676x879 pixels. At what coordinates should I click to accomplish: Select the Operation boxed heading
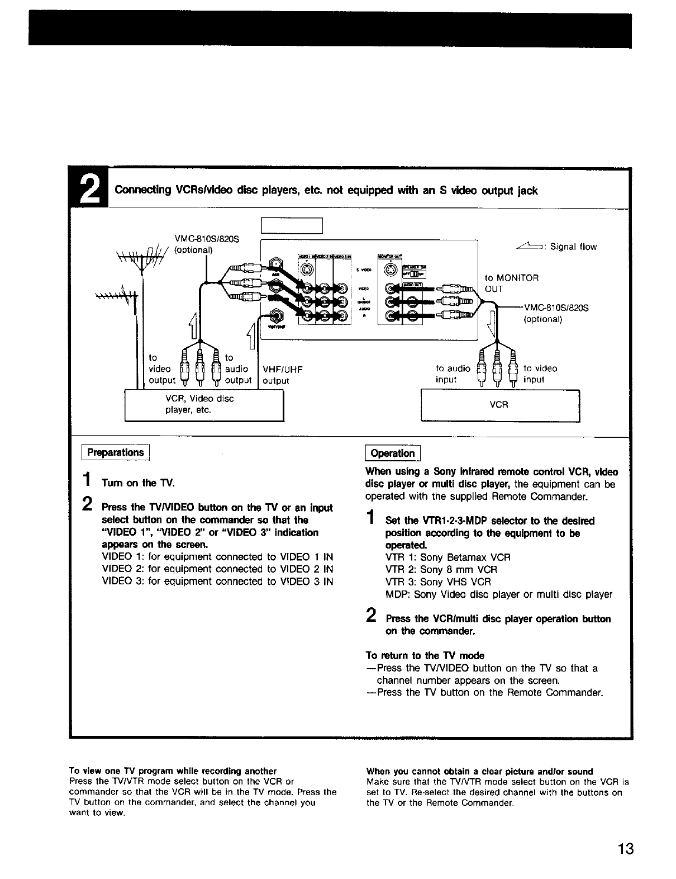point(393,453)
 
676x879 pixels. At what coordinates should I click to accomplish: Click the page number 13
point(626,849)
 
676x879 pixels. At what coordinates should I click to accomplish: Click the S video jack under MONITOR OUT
point(389,270)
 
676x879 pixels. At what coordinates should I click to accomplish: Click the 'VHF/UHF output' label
point(282,375)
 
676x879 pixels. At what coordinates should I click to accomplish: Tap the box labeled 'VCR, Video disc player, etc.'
point(204,404)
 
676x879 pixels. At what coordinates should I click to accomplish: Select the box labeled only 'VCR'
point(499,404)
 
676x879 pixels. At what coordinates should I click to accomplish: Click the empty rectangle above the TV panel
point(292,225)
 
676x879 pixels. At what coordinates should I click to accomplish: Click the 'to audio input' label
point(453,374)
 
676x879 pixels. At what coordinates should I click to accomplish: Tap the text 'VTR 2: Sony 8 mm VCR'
point(441,569)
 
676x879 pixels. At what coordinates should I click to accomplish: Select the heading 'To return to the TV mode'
point(425,655)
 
